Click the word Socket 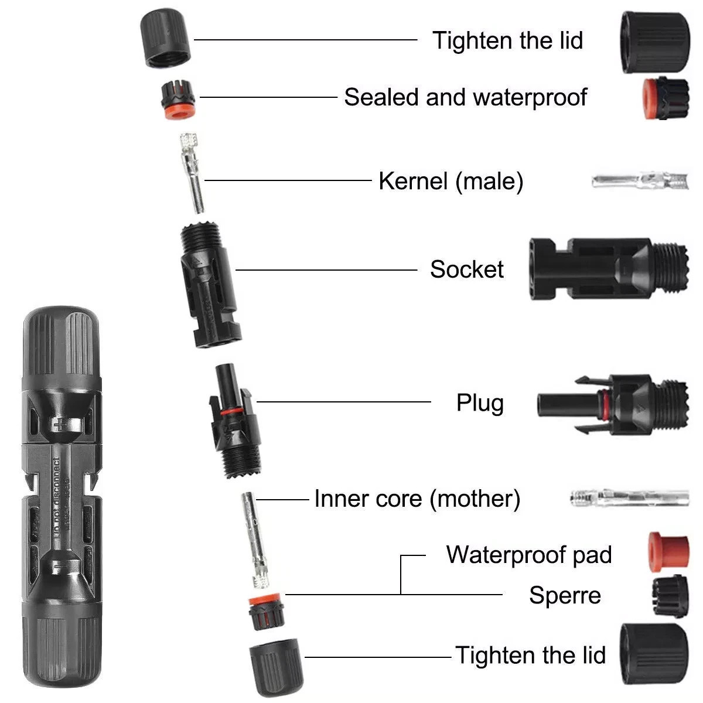point(466,270)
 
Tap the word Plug point(480,402)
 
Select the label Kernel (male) point(451,181)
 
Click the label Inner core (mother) point(417,499)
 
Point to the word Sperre point(565,595)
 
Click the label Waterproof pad point(528,555)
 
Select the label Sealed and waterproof point(466,97)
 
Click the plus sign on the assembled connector point(58,425)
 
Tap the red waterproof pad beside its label point(668,552)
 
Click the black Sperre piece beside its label point(670,596)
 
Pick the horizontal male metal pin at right point(640,181)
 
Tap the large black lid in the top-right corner point(655,42)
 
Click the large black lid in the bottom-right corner point(654,654)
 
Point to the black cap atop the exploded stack point(165,38)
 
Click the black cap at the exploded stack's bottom point(276,667)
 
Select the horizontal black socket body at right point(609,269)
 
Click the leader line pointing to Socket point(326,270)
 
